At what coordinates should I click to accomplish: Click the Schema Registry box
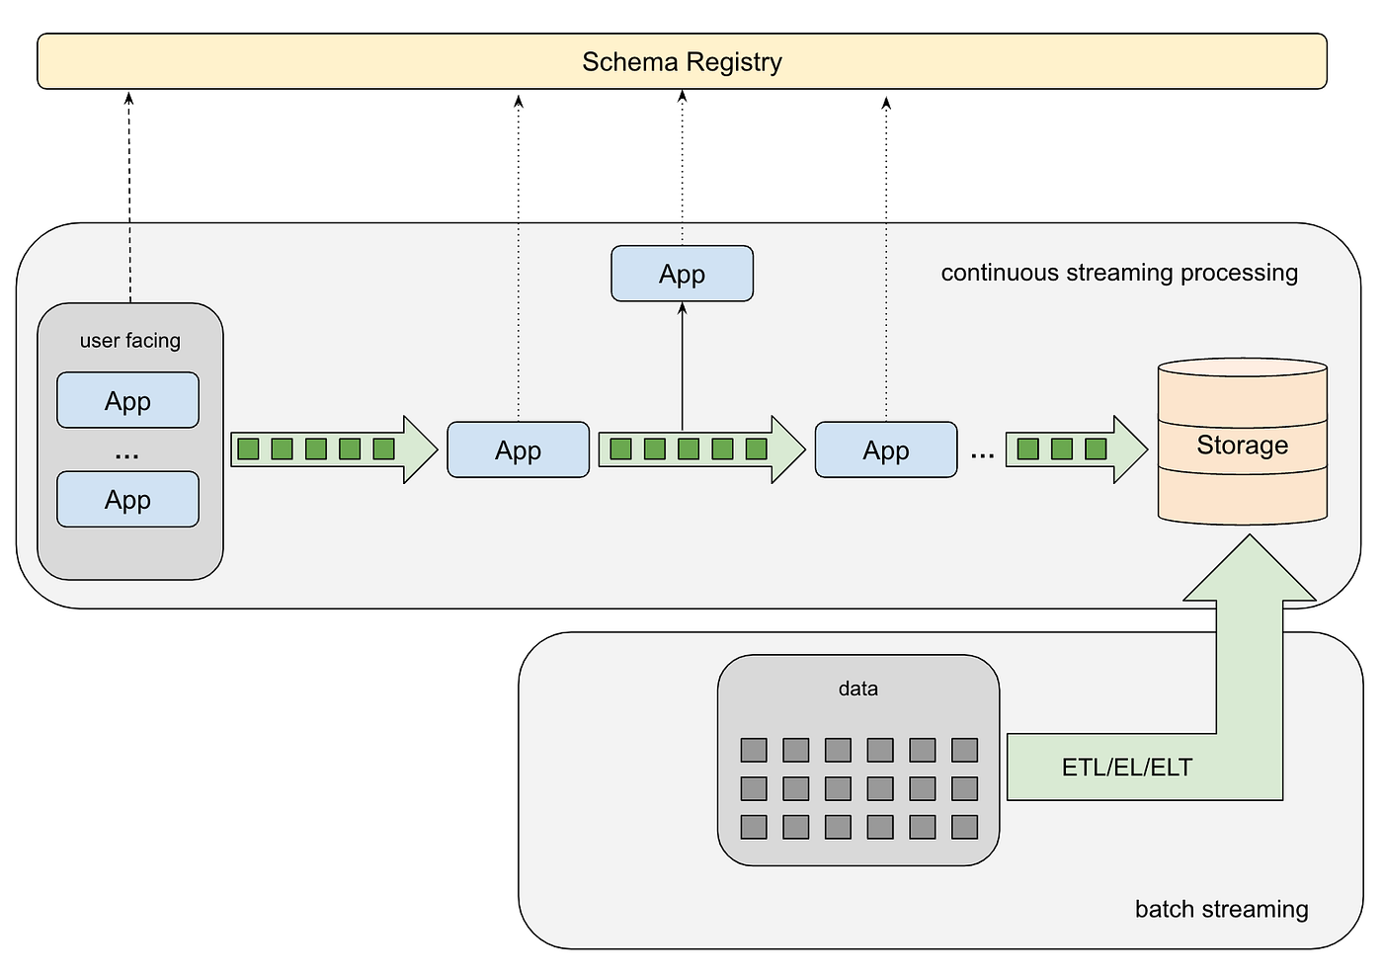(x=682, y=61)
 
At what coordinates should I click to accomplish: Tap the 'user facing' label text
(x=130, y=341)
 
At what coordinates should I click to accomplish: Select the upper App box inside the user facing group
(x=127, y=400)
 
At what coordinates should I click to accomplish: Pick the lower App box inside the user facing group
(x=127, y=499)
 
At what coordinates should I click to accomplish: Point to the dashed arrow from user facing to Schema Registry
(x=129, y=198)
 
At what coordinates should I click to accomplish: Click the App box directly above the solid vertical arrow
(x=682, y=274)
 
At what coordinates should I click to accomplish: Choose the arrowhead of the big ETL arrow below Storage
(x=1250, y=568)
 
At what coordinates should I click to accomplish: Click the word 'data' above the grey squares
(x=857, y=689)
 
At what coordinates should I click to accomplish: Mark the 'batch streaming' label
(x=1221, y=909)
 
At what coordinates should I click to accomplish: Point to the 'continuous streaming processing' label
(x=1119, y=273)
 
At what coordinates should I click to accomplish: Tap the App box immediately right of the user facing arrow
(x=518, y=450)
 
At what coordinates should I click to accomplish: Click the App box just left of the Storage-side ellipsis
(x=885, y=450)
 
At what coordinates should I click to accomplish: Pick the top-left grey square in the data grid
(x=754, y=750)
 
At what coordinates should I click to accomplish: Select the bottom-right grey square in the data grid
(x=964, y=827)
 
